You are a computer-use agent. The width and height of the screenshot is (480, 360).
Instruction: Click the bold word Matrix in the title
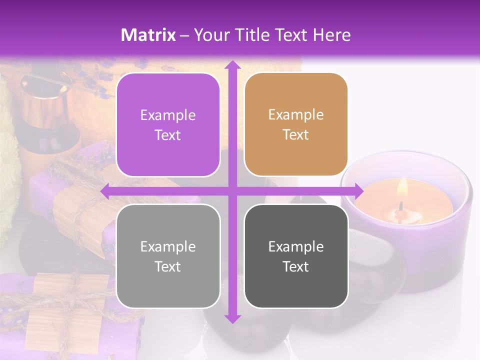click(148, 35)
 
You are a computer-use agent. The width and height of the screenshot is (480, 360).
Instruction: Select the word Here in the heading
click(332, 35)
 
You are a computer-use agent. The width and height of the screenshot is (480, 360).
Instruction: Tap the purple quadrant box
click(168, 125)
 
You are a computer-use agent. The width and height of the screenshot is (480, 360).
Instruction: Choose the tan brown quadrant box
click(296, 124)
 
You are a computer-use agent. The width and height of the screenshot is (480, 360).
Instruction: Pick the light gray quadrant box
click(168, 256)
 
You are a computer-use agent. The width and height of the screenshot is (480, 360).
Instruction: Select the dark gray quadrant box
click(296, 256)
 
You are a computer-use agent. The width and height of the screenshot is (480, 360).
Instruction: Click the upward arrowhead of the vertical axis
click(231, 65)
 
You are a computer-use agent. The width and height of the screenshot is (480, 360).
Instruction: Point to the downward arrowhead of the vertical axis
click(231, 318)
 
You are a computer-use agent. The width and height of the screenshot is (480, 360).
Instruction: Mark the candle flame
click(402, 189)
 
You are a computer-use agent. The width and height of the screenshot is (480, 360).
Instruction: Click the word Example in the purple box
click(168, 115)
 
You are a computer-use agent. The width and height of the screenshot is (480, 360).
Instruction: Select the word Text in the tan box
click(296, 135)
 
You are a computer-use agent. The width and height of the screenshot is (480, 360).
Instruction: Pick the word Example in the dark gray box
click(296, 246)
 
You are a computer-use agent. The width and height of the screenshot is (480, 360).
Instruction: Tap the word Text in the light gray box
click(168, 266)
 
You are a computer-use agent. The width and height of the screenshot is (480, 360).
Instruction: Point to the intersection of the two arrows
click(231, 191)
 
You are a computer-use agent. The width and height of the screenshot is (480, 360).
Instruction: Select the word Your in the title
click(210, 35)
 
